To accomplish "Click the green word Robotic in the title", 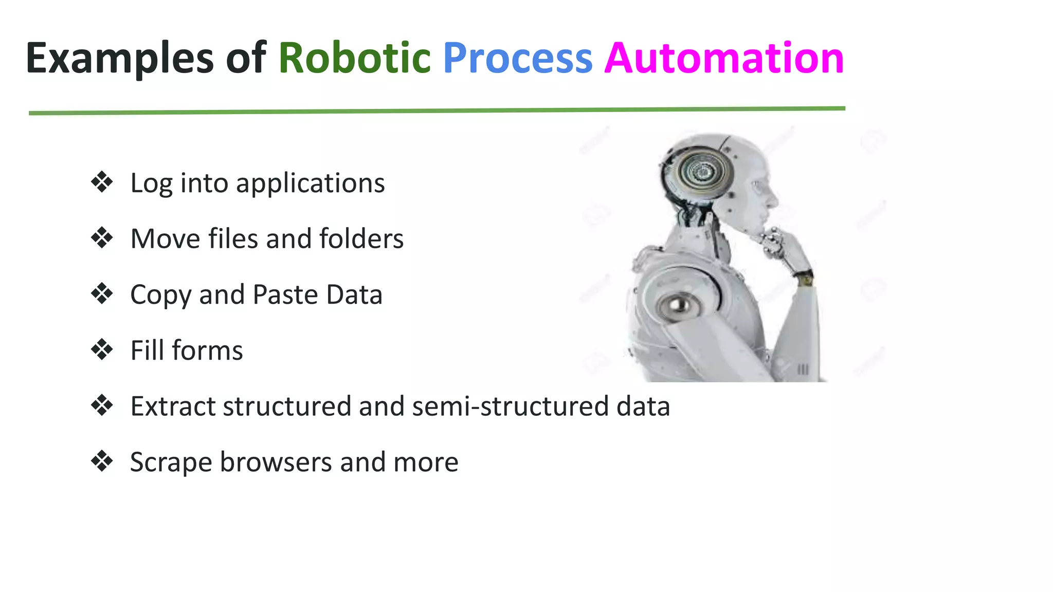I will pos(354,58).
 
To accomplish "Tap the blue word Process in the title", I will pos(517,58).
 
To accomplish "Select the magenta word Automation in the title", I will pos(724,58).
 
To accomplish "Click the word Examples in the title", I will pos(119,58).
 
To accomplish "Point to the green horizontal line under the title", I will pos(437,110).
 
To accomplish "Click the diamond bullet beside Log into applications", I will pos(102,182).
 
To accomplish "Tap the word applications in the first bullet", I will pos(310,183).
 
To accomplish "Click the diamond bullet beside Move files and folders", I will pos(102,238).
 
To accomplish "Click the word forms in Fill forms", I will pos(207,350).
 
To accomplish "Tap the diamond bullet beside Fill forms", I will pos(102,349).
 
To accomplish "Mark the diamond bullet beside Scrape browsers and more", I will pos(102,461).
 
